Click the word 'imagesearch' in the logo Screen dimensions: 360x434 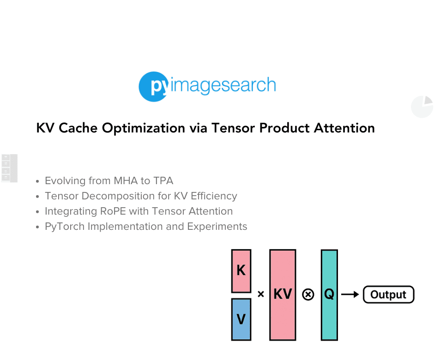pos(223,85)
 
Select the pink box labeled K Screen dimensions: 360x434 pos(241,270)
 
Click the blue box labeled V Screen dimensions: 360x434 pos(241,319)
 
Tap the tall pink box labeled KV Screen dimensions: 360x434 pos(283,294)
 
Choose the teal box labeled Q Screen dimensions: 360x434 pos(329,294)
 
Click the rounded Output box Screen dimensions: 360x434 pos(388,294)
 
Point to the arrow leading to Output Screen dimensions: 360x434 pos(350,294)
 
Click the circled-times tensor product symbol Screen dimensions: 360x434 pos(308,294)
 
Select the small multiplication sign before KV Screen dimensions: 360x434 pos(261,294)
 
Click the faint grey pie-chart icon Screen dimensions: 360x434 pos(422,107)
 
